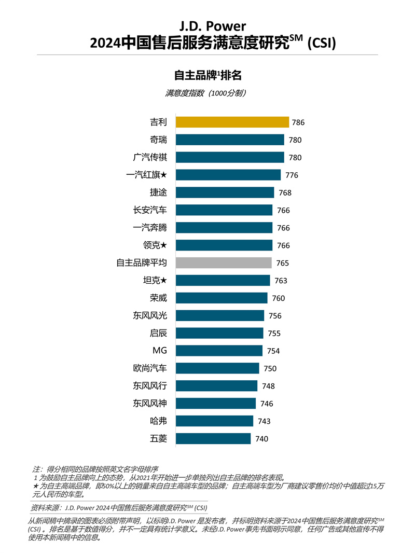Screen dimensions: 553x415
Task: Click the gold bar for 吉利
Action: pyautogui.click(x=232, y=122)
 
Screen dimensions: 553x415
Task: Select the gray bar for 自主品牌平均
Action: pyautogui.click(x=224, y=263)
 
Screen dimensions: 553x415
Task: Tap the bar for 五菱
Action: pyautogui.click(x=213, y=439)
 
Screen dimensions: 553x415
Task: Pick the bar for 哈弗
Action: pyautogui.click(x=214, y=421)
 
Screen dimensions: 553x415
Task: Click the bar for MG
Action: pyautogui.click(x=219, y=351)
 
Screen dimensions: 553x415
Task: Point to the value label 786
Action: pyautogui.click(x=298, y=123)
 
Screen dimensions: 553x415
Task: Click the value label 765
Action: pyautogui.click(x=283, y=264)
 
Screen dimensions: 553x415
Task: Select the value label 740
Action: pyautogui.click(x=262, y=439)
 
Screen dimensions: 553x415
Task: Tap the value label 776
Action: pyautogui.click(x=292, y=175)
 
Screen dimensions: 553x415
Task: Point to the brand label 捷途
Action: pyautogui.click(x=158, y=192)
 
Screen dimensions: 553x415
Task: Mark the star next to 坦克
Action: pyautogui.click(x=163, y=281)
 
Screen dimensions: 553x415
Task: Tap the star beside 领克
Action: pyautogui.click(x=163, y=245)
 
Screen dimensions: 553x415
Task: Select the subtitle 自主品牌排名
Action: pyautogui.click(x=208, y=75)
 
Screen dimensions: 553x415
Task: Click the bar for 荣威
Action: pyautogui.click(x=222, y=298)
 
